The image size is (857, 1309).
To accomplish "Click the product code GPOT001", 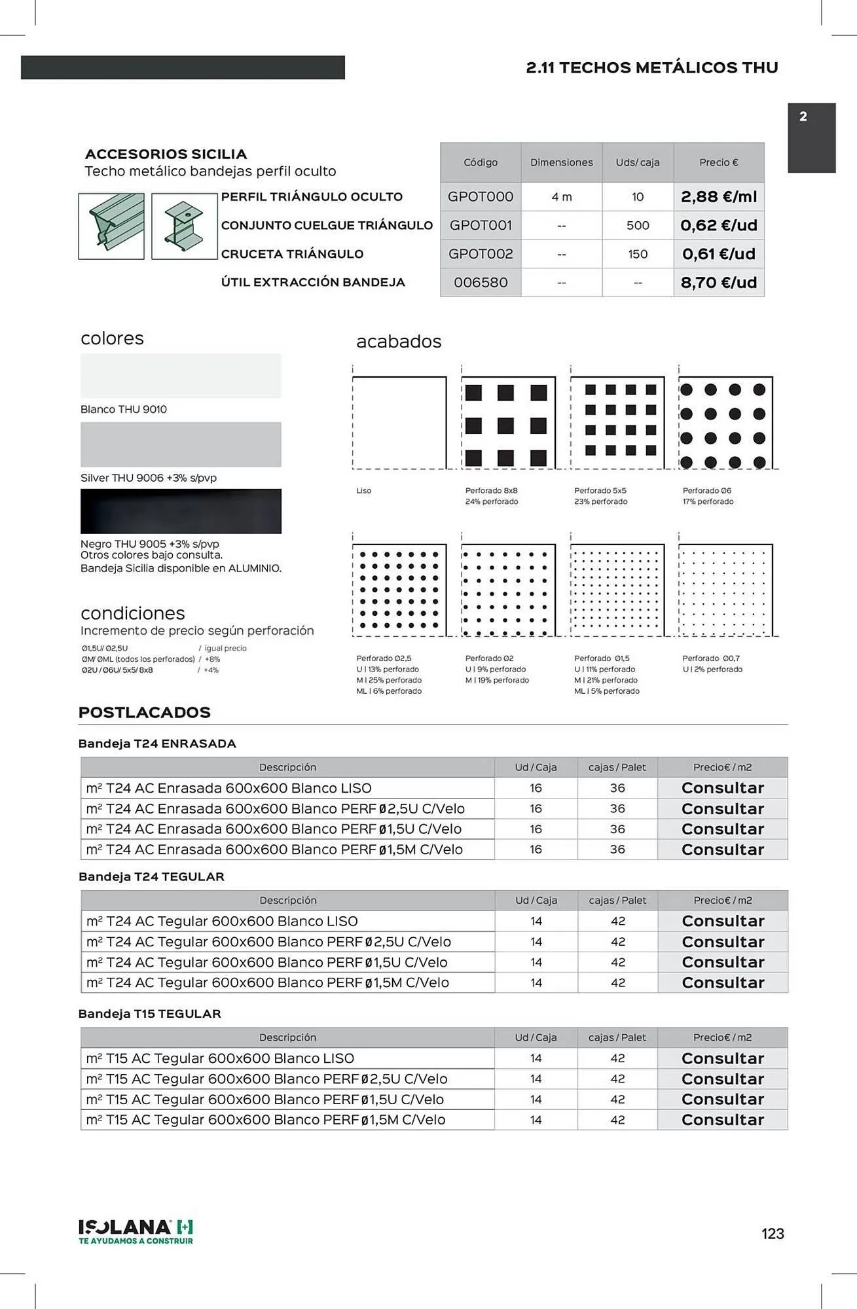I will coord(481,225).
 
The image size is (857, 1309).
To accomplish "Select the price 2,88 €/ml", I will coord(718,196).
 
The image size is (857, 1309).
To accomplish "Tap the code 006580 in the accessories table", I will coord(481,283).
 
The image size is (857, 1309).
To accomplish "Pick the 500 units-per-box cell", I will coord(638,225).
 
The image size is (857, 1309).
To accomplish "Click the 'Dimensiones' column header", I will coord(561,162).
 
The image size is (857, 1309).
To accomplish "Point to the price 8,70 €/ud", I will coord(718,283).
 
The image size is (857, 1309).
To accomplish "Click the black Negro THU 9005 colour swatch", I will coord(181,511).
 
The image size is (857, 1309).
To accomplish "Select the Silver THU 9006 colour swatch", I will coord(181,444).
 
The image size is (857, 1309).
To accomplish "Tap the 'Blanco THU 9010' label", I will coord(124,409).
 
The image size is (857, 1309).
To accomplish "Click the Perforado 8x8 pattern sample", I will coord(508,423).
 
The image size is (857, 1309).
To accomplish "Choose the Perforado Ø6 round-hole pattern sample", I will coord(725,423).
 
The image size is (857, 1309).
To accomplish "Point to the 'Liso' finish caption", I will coord(364,490).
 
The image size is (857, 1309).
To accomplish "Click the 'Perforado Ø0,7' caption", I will coord(711,658).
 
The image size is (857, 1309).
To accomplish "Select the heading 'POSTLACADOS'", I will coord(144,712).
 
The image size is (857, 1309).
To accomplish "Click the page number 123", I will coord(773,1234).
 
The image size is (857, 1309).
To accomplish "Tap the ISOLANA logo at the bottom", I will coord(136,1231).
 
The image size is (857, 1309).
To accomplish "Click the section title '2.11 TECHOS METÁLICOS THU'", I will coord(652,67).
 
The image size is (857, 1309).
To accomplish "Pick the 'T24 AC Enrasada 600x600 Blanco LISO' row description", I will coord(229,788).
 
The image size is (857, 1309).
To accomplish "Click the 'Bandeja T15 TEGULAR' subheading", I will coord(150,1014).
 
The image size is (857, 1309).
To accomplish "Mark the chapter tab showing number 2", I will coord(811,137).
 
